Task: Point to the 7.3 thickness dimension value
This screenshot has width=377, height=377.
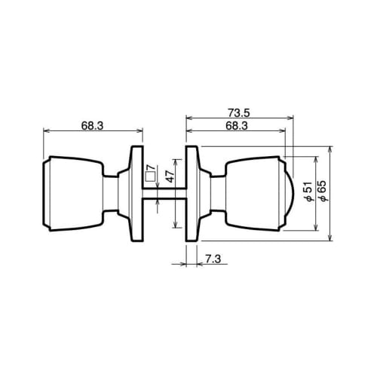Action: (x=212, y=259)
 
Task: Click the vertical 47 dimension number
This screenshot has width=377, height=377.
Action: (x=170, y=177)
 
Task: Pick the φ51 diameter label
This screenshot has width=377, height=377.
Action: (x=308, y=194)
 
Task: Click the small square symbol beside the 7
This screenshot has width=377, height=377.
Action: (x=149, y=179)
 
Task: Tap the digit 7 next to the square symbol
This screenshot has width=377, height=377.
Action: (x=149, y=168)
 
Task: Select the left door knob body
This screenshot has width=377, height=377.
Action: (x=72, y=193)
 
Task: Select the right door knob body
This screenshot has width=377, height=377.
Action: (x=253, y=193)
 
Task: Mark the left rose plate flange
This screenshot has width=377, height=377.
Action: (x=136, y=193)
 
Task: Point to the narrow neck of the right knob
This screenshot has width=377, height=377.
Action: (x=216, y=193)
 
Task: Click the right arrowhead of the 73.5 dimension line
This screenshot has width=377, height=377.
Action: (x=291, y=118)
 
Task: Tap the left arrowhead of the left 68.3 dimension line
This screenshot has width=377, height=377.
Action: (x=48, y=132)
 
